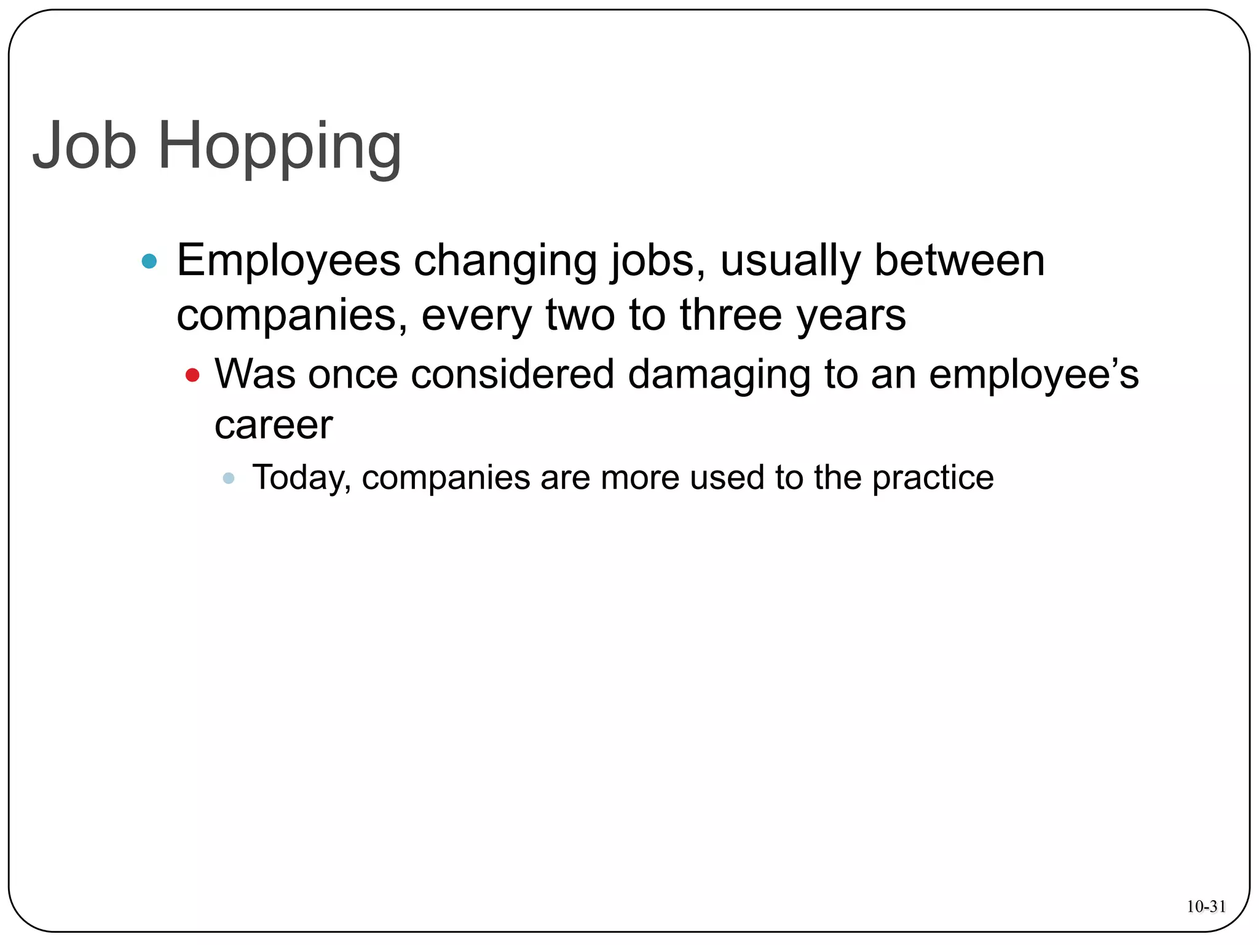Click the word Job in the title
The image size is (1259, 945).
(84, 145)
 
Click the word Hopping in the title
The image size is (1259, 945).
(280, 148)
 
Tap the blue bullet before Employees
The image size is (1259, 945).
(149, 261)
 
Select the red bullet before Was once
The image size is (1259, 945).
(192, 375)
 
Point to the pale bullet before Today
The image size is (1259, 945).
(229, 478)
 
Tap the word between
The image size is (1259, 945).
(959, 260)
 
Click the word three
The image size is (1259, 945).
(731, 315)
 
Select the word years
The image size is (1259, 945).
(851, 316)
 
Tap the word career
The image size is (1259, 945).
(274, 425)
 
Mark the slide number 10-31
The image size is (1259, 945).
(1206, 906)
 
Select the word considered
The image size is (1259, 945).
(513, 374)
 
